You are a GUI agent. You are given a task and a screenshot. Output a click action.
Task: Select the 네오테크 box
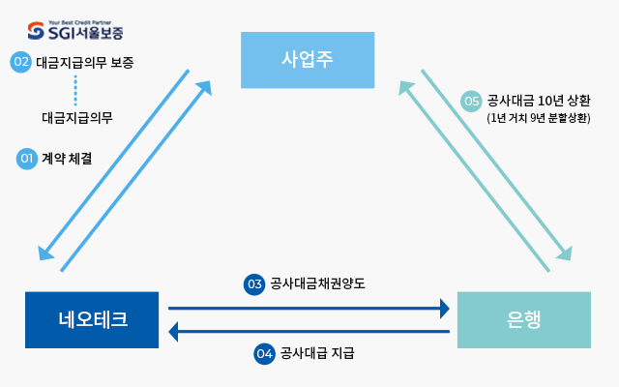pos(92,318)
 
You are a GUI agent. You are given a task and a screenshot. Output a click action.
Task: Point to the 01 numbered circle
pos(27,160)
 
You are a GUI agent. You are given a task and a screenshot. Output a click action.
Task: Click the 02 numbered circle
pos(21,62)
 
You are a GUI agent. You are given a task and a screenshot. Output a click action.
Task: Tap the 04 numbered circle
pos(265,353)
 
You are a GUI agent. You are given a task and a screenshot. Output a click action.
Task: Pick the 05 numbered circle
pos(472,101)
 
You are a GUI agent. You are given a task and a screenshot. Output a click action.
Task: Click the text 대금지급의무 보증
pos(85,62)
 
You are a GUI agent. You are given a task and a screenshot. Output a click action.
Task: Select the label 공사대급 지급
pos(317,353)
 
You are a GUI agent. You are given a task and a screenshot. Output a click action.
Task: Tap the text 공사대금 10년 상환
pos(537,100)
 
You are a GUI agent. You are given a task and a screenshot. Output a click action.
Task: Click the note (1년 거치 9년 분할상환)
pos(539,117)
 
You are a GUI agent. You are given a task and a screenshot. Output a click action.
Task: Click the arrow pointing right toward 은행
pos(309,309)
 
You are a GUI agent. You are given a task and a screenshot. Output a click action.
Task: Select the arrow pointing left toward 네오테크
pos(309,332)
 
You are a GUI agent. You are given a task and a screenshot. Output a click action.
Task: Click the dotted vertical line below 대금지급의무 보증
pos(75,90)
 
